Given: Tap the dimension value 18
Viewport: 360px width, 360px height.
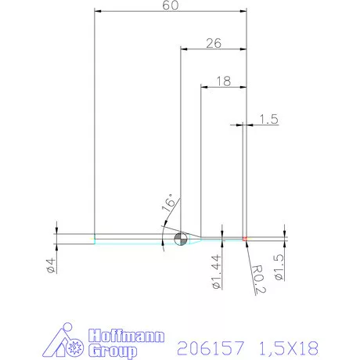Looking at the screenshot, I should tap(223, 80).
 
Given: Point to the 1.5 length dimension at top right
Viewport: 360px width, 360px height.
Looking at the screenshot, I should tap(268, 119).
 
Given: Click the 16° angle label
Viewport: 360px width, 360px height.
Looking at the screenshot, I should tap(167, 205).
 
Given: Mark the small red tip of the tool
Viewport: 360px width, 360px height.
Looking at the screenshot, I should tap(245, 238).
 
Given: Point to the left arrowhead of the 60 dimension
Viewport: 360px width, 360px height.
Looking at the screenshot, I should tap(97, 13).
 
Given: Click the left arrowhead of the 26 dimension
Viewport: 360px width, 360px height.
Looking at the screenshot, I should tap(184, 48).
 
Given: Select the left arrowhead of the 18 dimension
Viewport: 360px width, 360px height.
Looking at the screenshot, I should tap(203, 86).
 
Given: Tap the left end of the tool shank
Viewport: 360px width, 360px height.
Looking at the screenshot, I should tap(95, 238).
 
